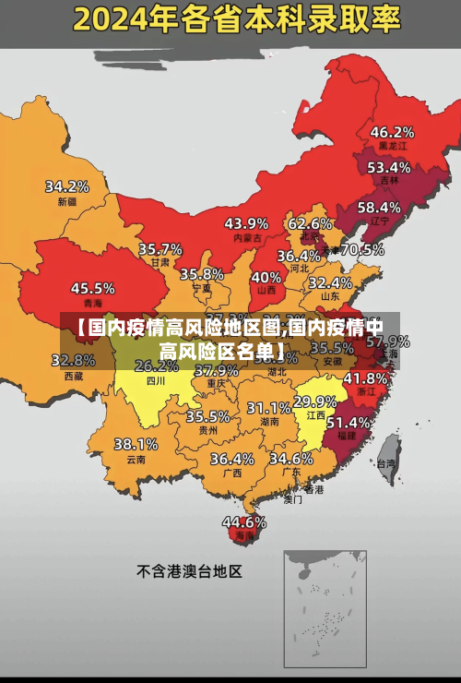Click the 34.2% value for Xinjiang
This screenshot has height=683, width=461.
pyautogui.click(x=67, y=186)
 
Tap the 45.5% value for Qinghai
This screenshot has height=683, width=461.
pyautogui.click(x=93, y=288)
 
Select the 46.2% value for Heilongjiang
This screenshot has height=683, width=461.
pyautogui.click(x=392, y=131)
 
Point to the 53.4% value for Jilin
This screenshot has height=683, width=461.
pyautogui.click(x=389, y=167)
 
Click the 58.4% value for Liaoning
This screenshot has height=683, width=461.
pyautogui.click(x=379, y=207)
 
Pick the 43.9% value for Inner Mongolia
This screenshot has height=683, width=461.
pyautogui.click(x=246, y=222)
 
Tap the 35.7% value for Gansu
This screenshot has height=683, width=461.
pyautogui.click(x=160, y=248)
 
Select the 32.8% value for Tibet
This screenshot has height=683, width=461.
pyautogui.click(x=73, y=360)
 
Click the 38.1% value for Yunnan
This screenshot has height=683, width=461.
pyautogui.click(x=136, y=444)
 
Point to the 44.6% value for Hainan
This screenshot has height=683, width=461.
pyautogui.click(x=243, y=521)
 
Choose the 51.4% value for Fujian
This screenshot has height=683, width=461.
pyautogui.click(x=349, y=421)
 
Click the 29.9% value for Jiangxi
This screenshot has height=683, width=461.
pyautogui.click(x=314, y=401)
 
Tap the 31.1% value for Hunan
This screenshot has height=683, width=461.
pyautogui.click(x=269, y=407)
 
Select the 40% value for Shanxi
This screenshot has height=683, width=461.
pyautogui.click(x=266, y=276)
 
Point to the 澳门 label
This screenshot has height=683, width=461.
pyautogui.click(x=292, y=499)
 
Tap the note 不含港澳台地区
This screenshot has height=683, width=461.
pyautogui.click(x=189, y=571)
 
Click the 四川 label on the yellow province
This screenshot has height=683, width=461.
pyautogui.click(x=156, y=380)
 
